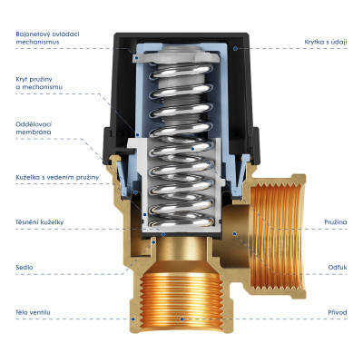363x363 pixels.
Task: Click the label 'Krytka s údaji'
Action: tap(326, 42)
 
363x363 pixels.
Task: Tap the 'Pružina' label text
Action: tap(336, 222)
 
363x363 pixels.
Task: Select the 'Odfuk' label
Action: tap(338, 268)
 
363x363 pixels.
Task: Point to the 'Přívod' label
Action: tap(338, 312)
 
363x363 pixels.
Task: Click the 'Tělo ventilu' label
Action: tap(33, 312)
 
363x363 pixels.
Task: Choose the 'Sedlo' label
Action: tap(25, 268)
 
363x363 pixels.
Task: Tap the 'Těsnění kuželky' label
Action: tap(40, 222)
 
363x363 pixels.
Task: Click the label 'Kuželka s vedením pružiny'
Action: tap(57, 177)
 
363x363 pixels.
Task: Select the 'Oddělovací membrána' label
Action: tap(34, 128)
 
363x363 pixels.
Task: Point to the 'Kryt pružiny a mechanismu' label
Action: tap(39, 83)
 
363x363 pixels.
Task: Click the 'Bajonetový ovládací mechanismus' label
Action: tap(47, 38)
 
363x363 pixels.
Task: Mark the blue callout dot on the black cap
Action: tap(235, 48)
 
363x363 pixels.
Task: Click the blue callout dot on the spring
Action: tap(192, 149)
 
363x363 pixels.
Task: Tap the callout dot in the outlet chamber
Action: tap(234, 233)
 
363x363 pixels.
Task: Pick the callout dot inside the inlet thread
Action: tap(181, 319)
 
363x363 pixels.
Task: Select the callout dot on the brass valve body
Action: tap(133, 319)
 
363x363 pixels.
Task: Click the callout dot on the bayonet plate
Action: tap(137, 57)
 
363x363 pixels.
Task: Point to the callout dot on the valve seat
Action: tap(153, 242)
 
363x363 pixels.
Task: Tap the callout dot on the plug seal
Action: tap(163, 234)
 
